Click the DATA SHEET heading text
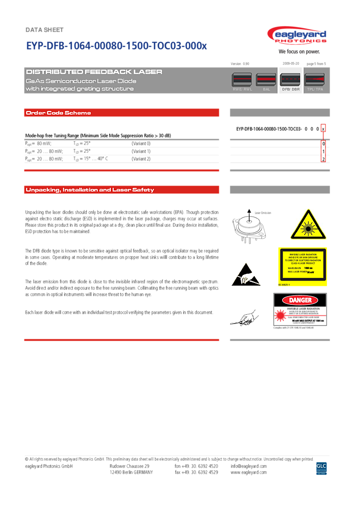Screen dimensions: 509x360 (44, 30)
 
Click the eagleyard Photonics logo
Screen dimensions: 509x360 (296, 36)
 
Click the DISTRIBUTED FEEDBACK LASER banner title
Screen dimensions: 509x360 (94, 72)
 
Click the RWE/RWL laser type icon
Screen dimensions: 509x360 (242, 79)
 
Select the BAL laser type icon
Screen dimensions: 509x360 (266, 79)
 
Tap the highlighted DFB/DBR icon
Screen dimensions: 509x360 (290, 79)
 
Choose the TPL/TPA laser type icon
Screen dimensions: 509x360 (314, 79)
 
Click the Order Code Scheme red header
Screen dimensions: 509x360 (58, 113)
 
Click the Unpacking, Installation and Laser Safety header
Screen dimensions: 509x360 (90, 190)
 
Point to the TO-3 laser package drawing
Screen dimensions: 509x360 (249, 229)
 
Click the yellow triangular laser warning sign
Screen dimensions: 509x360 (308, 225)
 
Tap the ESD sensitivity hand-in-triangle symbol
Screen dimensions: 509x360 (246, 274)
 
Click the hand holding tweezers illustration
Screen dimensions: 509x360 (244, 317)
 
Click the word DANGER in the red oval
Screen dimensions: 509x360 (300, 300)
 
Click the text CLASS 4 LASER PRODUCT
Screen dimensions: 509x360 (303, 263)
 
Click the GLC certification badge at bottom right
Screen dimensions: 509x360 (321, 467)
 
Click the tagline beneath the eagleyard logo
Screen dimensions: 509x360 (299, 52)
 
